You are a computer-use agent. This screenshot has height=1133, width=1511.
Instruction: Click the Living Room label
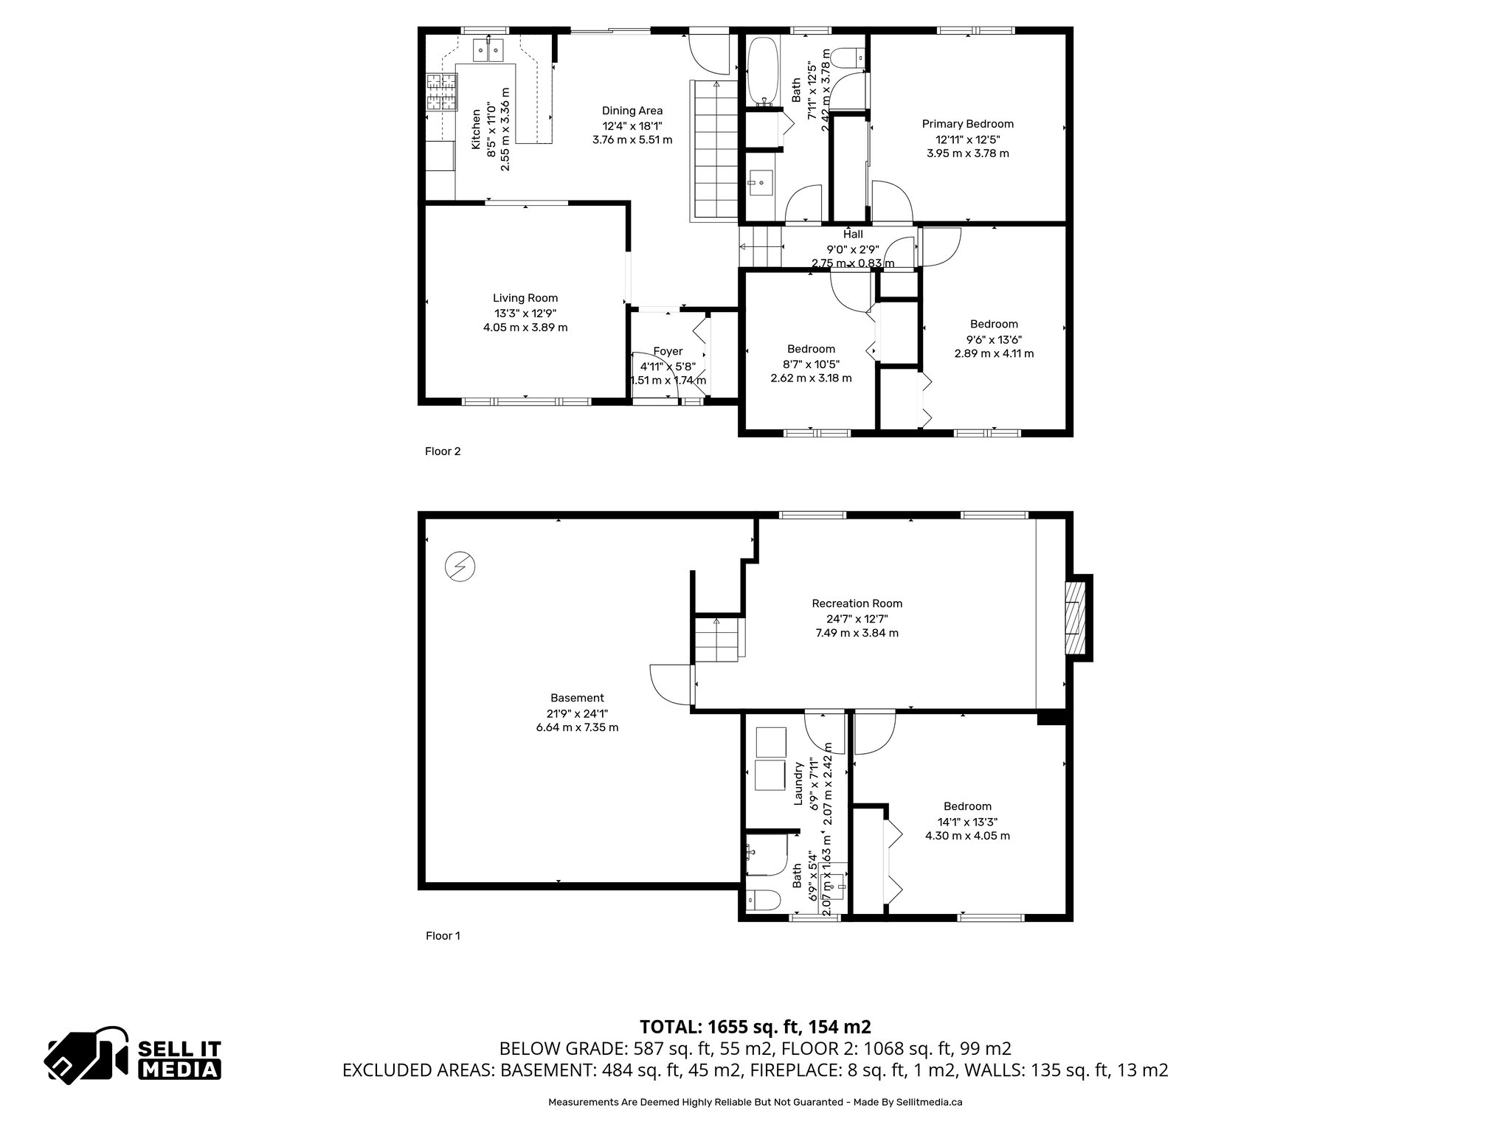525,298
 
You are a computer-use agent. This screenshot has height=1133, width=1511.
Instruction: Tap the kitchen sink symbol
488,49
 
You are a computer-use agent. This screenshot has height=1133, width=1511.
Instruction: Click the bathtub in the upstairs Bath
760,72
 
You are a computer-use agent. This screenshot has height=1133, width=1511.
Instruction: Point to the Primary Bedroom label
967,124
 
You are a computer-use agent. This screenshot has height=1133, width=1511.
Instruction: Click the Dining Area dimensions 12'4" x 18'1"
632,125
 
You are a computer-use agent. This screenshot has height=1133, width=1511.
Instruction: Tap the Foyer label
668,351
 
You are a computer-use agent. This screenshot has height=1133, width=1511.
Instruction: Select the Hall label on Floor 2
853,235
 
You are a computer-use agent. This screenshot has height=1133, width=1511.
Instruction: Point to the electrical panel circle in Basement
460,566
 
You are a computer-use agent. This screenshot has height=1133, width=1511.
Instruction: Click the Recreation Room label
857,603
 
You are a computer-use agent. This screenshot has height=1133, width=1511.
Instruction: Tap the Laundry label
798,783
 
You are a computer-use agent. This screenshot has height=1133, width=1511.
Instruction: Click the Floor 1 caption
443,936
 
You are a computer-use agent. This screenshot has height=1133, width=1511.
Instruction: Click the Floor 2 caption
443,451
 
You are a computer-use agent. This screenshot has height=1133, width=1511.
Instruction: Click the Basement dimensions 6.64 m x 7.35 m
577,727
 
